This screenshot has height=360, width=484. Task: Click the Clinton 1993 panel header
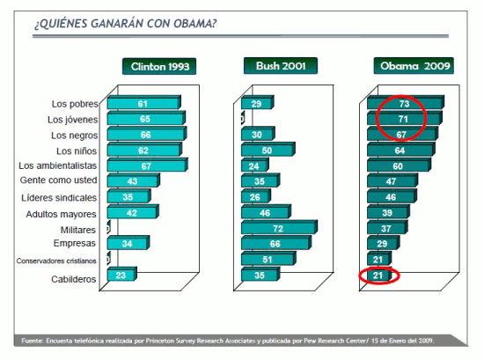coord(158,66)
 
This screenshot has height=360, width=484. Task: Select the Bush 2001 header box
coord(280,66)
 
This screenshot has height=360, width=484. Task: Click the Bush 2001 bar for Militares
coord(277,227)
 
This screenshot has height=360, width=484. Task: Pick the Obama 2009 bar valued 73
coord(405,103)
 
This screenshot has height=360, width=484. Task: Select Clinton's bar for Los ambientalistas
coord(146,165)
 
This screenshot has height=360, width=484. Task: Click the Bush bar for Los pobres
coord(257,103)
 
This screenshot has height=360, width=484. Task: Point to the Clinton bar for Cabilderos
coord(121,275)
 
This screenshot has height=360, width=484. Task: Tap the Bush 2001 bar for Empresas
coord(275,243)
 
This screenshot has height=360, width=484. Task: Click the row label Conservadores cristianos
coord(54,261)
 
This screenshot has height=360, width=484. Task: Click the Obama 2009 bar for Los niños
coord(401,150)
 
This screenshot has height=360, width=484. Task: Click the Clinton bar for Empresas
coord(128,243)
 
